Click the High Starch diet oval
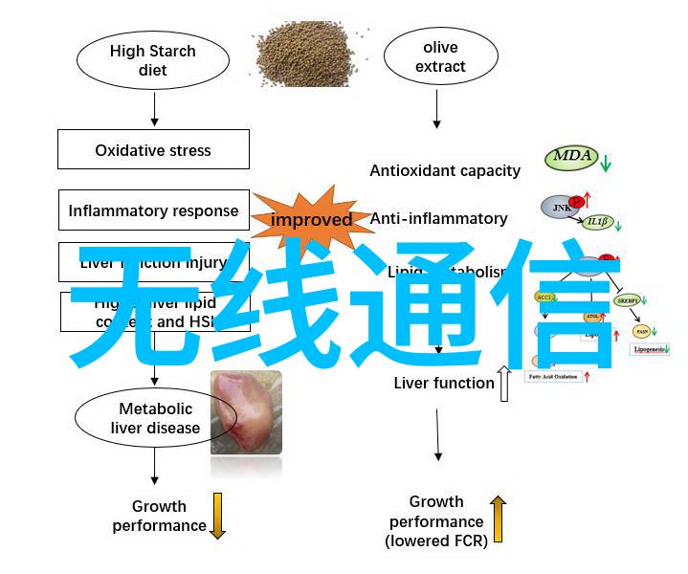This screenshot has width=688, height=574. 152,60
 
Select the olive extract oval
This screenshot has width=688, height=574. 440,56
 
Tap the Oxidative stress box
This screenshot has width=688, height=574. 153,150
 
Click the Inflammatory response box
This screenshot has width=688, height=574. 153,210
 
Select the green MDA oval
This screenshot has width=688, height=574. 571,157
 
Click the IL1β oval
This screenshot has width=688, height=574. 597,222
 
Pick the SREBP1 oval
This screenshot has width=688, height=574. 628,299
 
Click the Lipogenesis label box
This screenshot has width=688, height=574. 653,350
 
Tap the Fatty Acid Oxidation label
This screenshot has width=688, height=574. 554,377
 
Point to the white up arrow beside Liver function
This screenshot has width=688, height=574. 503,383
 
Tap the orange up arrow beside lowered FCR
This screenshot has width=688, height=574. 498,519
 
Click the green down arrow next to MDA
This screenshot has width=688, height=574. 606,162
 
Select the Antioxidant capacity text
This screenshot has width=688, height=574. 445,170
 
